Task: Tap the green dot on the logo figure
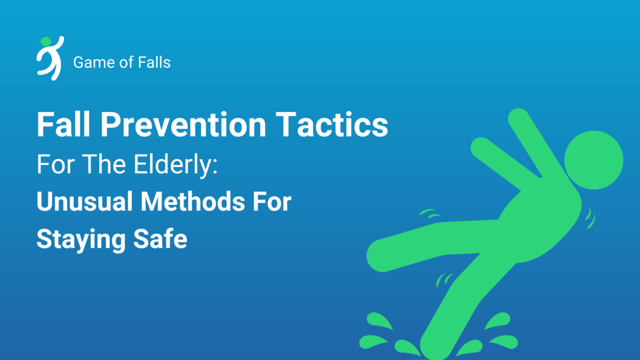45,41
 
